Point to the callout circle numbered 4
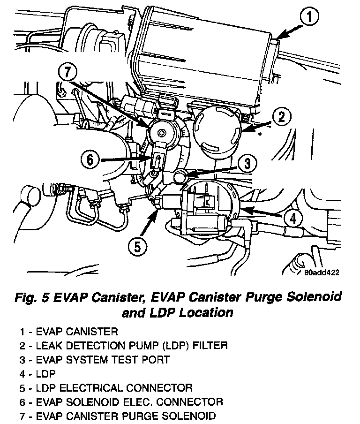292,218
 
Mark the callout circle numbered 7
67,74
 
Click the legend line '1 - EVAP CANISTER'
68,332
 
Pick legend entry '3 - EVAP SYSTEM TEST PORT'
94,360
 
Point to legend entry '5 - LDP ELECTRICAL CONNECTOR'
106,388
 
